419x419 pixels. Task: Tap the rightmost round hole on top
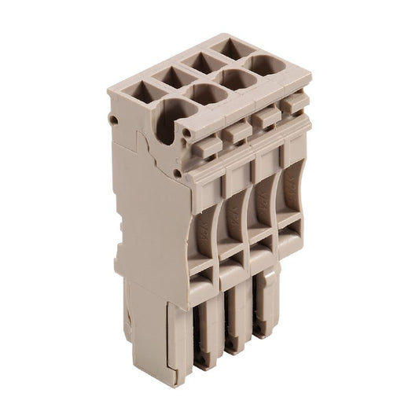(268, 65)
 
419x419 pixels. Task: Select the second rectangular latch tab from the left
(237, 131)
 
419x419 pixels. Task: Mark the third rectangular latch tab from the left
(265, 117)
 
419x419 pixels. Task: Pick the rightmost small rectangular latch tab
(292, 103)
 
